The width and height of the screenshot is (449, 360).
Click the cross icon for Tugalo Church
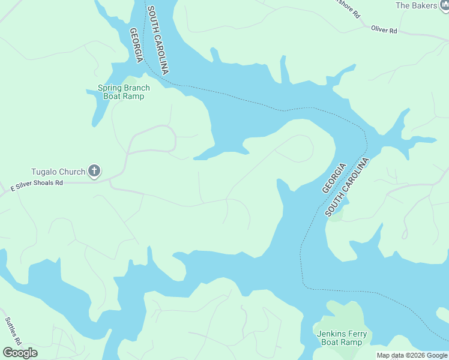point(94,172)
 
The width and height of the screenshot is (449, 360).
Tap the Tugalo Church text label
point(58,172)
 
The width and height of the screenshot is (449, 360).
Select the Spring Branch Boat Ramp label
point(124,92)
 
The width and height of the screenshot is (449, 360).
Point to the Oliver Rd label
point(384,29)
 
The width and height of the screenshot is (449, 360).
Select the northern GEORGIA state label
point(136,45)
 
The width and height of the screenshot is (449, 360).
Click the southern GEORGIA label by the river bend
point(334,178)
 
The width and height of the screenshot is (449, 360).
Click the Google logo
point(20,353)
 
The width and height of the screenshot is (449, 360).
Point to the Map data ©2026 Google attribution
point(411,355)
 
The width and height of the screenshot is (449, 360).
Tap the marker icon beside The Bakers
point(445,5)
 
